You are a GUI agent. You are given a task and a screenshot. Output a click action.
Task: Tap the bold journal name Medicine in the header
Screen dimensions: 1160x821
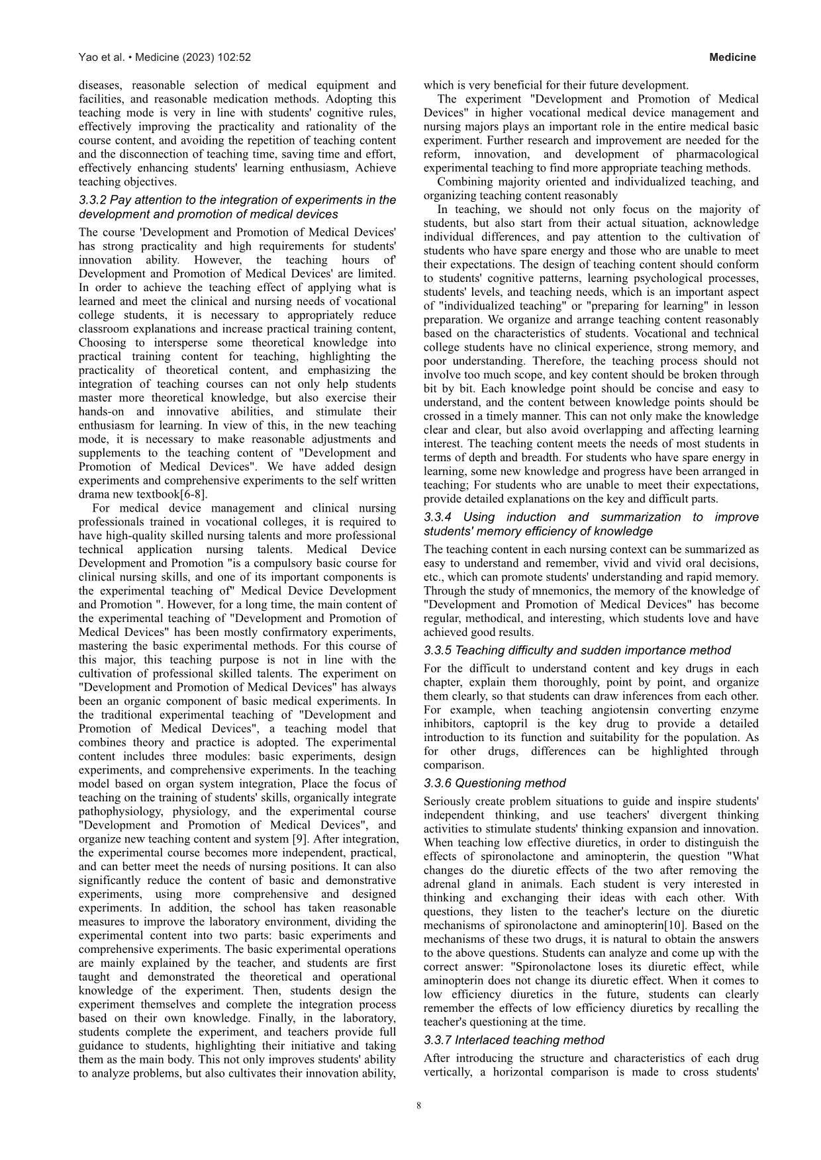click(732, 58)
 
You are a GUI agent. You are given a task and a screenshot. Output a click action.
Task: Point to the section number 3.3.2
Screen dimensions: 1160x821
click(93, 200)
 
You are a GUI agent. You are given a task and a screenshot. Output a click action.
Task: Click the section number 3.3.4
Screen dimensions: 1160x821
click(438, 517)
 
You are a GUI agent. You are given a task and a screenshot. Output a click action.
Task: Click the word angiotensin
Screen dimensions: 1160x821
click(592, 710)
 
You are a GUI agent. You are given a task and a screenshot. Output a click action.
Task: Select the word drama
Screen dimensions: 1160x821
click(94, 494)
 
